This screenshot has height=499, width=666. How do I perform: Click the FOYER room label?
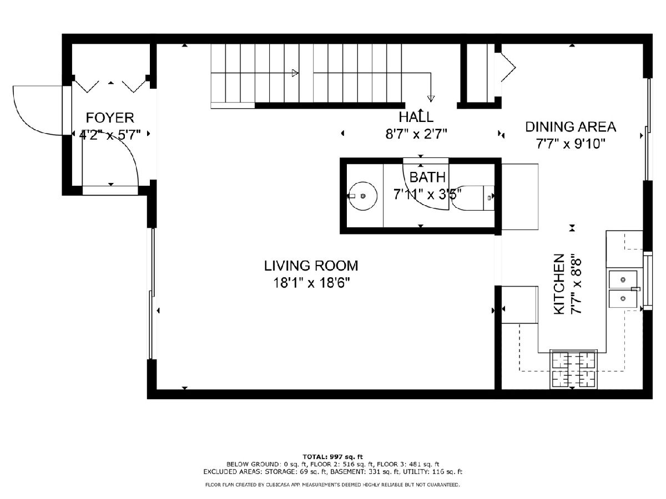(110, 118)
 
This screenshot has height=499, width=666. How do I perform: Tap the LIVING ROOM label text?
(311, 266)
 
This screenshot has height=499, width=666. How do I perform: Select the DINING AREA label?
(571, 127)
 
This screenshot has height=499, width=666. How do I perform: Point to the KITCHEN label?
(559, 284)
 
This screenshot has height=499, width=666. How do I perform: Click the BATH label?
(427, 177)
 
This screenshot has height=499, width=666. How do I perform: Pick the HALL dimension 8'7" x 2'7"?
(416, 134)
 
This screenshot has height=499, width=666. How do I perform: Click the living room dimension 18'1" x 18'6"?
(311, 283)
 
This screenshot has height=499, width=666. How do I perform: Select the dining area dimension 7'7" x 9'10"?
(571, 144)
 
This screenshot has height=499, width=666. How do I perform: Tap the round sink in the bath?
(363, 196)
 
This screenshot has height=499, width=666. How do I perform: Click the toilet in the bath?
(472, 198)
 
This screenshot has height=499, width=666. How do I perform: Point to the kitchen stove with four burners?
(573, 369)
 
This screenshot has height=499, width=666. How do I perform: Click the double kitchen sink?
(623, 289)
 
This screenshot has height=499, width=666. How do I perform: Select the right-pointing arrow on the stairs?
(295, 73)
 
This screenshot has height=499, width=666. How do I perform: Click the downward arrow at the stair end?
(431, 99)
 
